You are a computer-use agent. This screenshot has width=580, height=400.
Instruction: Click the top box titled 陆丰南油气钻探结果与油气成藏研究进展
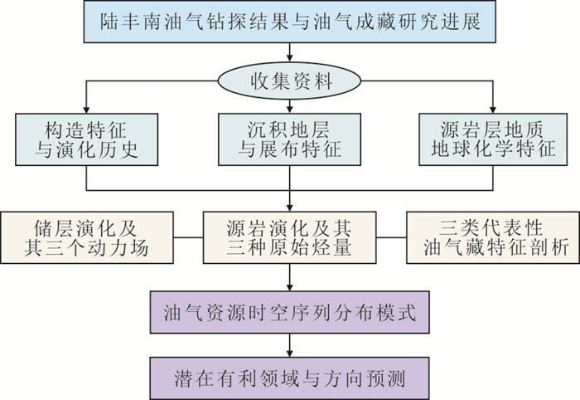[x=290, y=22]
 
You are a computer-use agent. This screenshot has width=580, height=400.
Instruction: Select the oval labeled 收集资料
[x=289, y=80]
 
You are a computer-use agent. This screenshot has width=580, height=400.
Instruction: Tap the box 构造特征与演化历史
[x=86, y=139]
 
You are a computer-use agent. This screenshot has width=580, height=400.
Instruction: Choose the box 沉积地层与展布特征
[x=289, y=139]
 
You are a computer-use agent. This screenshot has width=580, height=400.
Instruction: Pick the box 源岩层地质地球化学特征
[x=493, y=139]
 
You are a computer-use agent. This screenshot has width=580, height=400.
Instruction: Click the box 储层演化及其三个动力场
[x=86, y=237]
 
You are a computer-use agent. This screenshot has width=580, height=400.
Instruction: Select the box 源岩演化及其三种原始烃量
[x=289, y=237]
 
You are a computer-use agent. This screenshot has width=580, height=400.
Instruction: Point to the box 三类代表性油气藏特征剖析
[x=493, y=237]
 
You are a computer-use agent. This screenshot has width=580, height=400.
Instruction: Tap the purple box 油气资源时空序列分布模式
[x=289, y=312]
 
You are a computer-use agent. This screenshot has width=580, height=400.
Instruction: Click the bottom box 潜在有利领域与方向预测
[x=289, y=378]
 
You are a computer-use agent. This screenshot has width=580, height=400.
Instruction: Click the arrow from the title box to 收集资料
[x=290, y=52]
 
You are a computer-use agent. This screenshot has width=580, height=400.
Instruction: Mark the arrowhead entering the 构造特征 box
[x=86, y=110]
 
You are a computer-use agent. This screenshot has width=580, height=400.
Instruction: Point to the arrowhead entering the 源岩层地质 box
[x=493, y=110]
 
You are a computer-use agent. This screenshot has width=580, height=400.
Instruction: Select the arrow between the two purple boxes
[x=290, y=345]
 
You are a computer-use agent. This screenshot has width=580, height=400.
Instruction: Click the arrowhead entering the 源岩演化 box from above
[x=290, y=207]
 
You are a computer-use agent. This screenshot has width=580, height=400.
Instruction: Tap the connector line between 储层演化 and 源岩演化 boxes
[x=188, y=237]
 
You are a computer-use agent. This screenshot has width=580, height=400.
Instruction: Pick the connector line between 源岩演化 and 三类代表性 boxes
[x=391, y=237]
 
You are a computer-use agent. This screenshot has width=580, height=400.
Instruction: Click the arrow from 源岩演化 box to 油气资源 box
[x=290, y=277]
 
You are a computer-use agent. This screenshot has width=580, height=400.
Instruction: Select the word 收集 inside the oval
[x=269, y=80]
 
